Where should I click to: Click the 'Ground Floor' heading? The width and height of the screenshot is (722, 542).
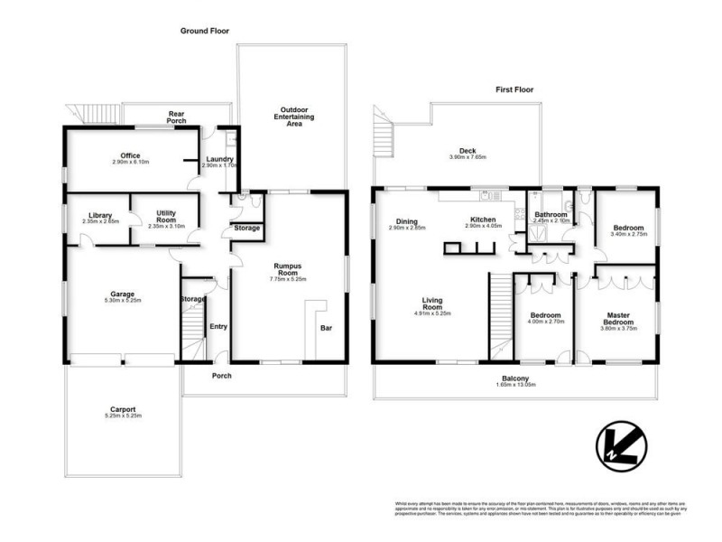click(204, 31)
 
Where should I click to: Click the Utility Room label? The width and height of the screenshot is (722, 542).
click(165, 215)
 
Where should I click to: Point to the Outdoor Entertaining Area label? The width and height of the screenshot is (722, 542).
click(292, 117)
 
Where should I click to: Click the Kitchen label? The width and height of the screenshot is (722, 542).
click(483, 220)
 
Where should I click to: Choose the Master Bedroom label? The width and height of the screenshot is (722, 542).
click(619, 318)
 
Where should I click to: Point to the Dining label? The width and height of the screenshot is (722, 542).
click(406, 221)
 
